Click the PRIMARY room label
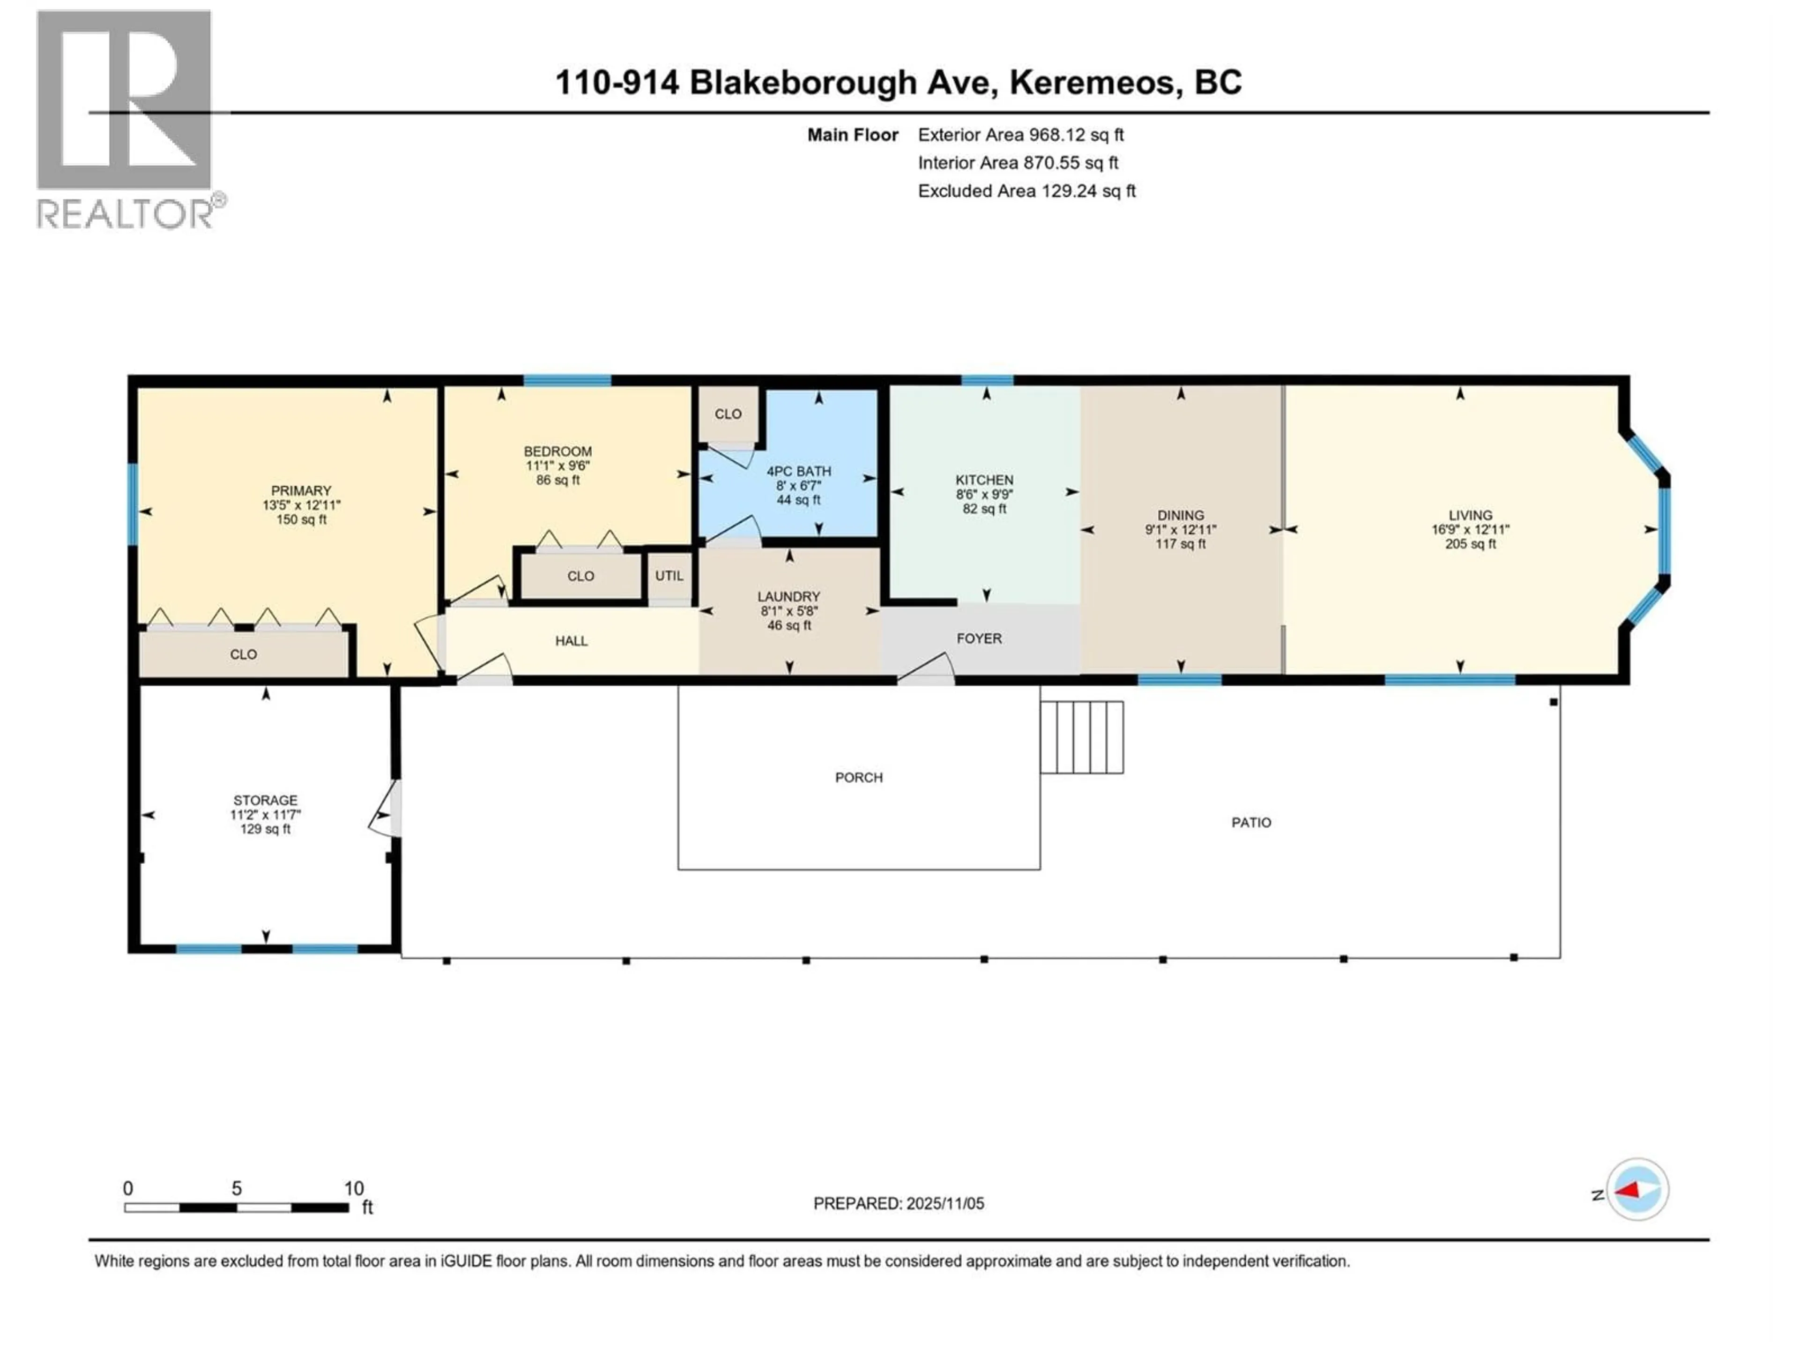(301, 490)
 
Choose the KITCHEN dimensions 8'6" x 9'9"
(984, 494)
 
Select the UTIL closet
(669, 576)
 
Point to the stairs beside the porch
(1082, 737)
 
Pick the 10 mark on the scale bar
(353, 1188)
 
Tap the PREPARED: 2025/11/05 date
(898, 1203)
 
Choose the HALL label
(571, 641)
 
